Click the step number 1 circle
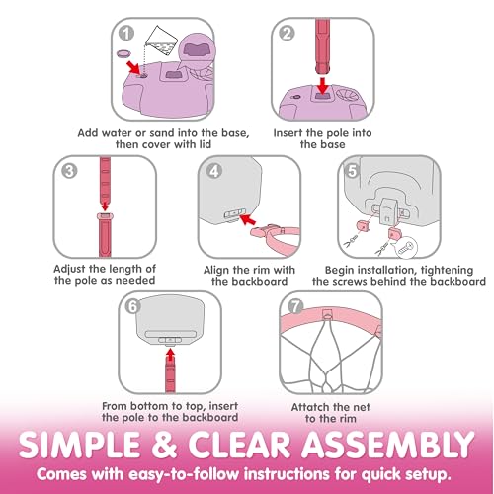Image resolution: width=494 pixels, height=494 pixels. [126, 34]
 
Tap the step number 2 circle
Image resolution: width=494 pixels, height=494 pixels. [287, 34]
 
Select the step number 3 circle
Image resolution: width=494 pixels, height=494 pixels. [69, 171]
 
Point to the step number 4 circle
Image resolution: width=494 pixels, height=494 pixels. [214, 171]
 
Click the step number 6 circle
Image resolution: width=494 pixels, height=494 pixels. [133, 306]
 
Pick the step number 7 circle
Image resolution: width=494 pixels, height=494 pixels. [295, 306]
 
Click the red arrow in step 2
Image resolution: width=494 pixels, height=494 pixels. [323, 86]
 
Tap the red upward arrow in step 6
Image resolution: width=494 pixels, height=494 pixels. [170, 356]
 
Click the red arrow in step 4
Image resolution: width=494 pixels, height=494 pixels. [248, 219]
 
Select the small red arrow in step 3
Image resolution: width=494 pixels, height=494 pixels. [105, 206]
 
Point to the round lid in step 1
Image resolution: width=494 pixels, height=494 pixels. [124, 53]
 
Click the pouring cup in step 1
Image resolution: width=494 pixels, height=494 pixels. [161, 40]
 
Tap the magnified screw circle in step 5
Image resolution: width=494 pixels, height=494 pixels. [407, 247]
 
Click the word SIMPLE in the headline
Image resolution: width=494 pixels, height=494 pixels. [80, 445]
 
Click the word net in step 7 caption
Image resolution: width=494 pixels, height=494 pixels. [362, 407]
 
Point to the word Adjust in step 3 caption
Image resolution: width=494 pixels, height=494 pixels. [69, 269]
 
